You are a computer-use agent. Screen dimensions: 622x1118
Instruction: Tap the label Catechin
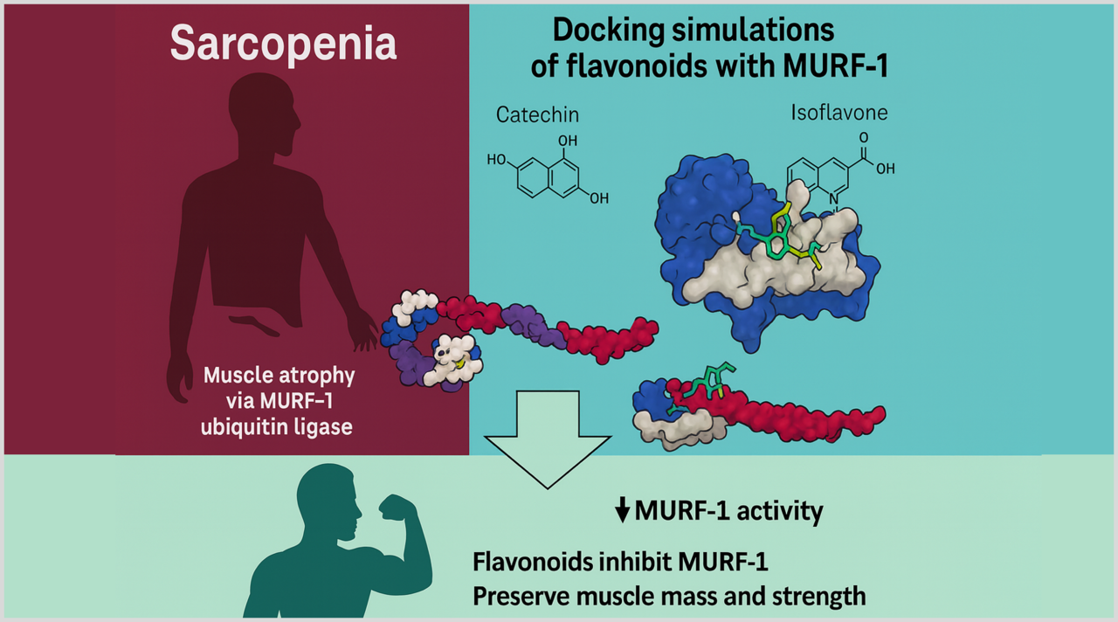click(x=537, y=114)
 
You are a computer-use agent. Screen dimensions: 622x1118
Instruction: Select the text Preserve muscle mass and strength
click(x=669, y=596)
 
